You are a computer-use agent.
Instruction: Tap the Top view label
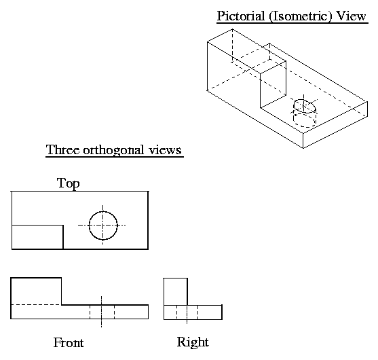pos(69,183)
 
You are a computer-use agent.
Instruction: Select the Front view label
pos(69,343)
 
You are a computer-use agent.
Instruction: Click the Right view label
pos(193,342)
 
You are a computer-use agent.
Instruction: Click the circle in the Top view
pos(103,225)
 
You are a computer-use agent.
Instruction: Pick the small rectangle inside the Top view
pos(37,237)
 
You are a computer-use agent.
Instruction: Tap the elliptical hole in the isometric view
pos(304,107)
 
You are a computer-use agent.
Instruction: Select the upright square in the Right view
pos(175,291)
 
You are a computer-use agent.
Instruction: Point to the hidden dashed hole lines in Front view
pos(102,312)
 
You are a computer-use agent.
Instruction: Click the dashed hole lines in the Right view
pos(187,312)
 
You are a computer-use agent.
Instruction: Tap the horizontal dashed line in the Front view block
pos(36,304)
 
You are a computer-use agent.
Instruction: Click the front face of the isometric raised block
pos(273,85)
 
